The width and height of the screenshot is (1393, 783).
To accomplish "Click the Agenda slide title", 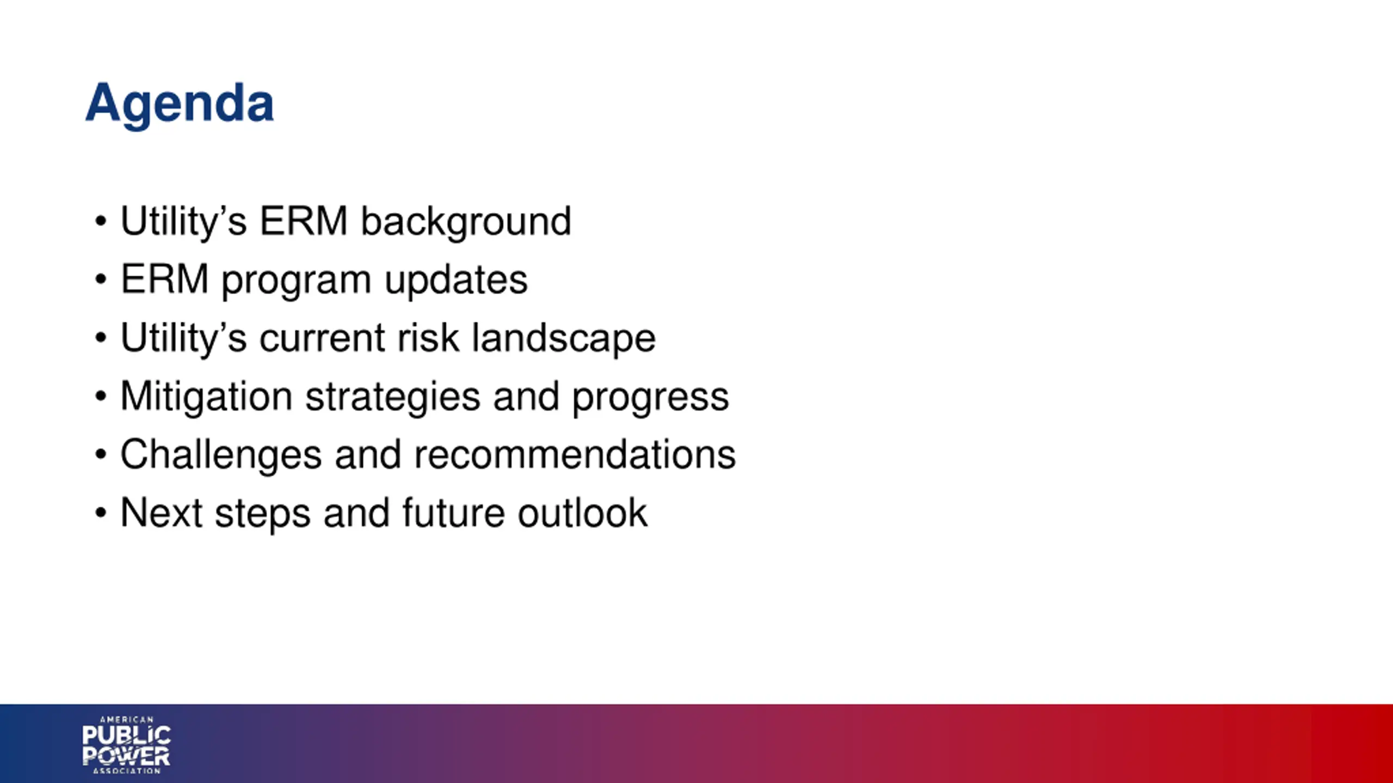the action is tap(180, 105).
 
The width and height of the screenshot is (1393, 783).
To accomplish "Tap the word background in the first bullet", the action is tap(466, 222).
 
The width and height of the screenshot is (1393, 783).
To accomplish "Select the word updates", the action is tap(456, 281).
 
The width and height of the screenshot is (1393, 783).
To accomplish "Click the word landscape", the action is tap(564, 339).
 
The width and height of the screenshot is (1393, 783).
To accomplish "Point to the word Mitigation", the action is tap(207, 397).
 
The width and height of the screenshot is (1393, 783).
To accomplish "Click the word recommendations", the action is tap(575, 455).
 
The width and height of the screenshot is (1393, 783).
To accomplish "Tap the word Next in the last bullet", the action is tap(162, 513).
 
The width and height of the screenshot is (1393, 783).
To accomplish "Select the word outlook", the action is tap(582, 513).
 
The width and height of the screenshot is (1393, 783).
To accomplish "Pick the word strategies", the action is tap(393, 397).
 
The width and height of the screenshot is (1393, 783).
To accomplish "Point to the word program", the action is tap(297, 282).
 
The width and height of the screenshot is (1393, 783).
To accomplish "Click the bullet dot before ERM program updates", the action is tap(101, 280).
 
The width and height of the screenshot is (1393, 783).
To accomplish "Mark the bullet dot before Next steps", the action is tap(101, 513).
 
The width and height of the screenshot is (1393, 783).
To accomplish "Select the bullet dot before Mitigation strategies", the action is tap(101, 396).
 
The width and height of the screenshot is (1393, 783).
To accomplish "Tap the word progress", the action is tap(650, 398).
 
